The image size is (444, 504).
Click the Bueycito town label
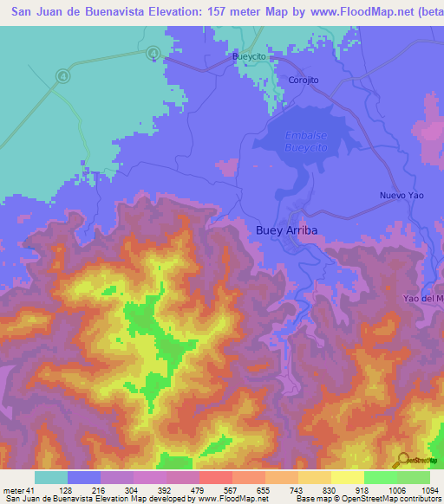coord(248,55)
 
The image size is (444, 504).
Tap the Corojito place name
coord(304,80)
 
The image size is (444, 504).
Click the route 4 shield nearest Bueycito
coord(153,53)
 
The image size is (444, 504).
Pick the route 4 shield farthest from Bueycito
coord(63,76)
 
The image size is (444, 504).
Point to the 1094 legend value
coord(430,489)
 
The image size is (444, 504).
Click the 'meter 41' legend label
coord(17,489)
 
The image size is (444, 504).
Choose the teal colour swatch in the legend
coord(51,477)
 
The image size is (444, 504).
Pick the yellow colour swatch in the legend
coord(348,477)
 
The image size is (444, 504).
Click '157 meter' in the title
coord(238,12)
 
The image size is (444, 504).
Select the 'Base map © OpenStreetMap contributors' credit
coord(367,499)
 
